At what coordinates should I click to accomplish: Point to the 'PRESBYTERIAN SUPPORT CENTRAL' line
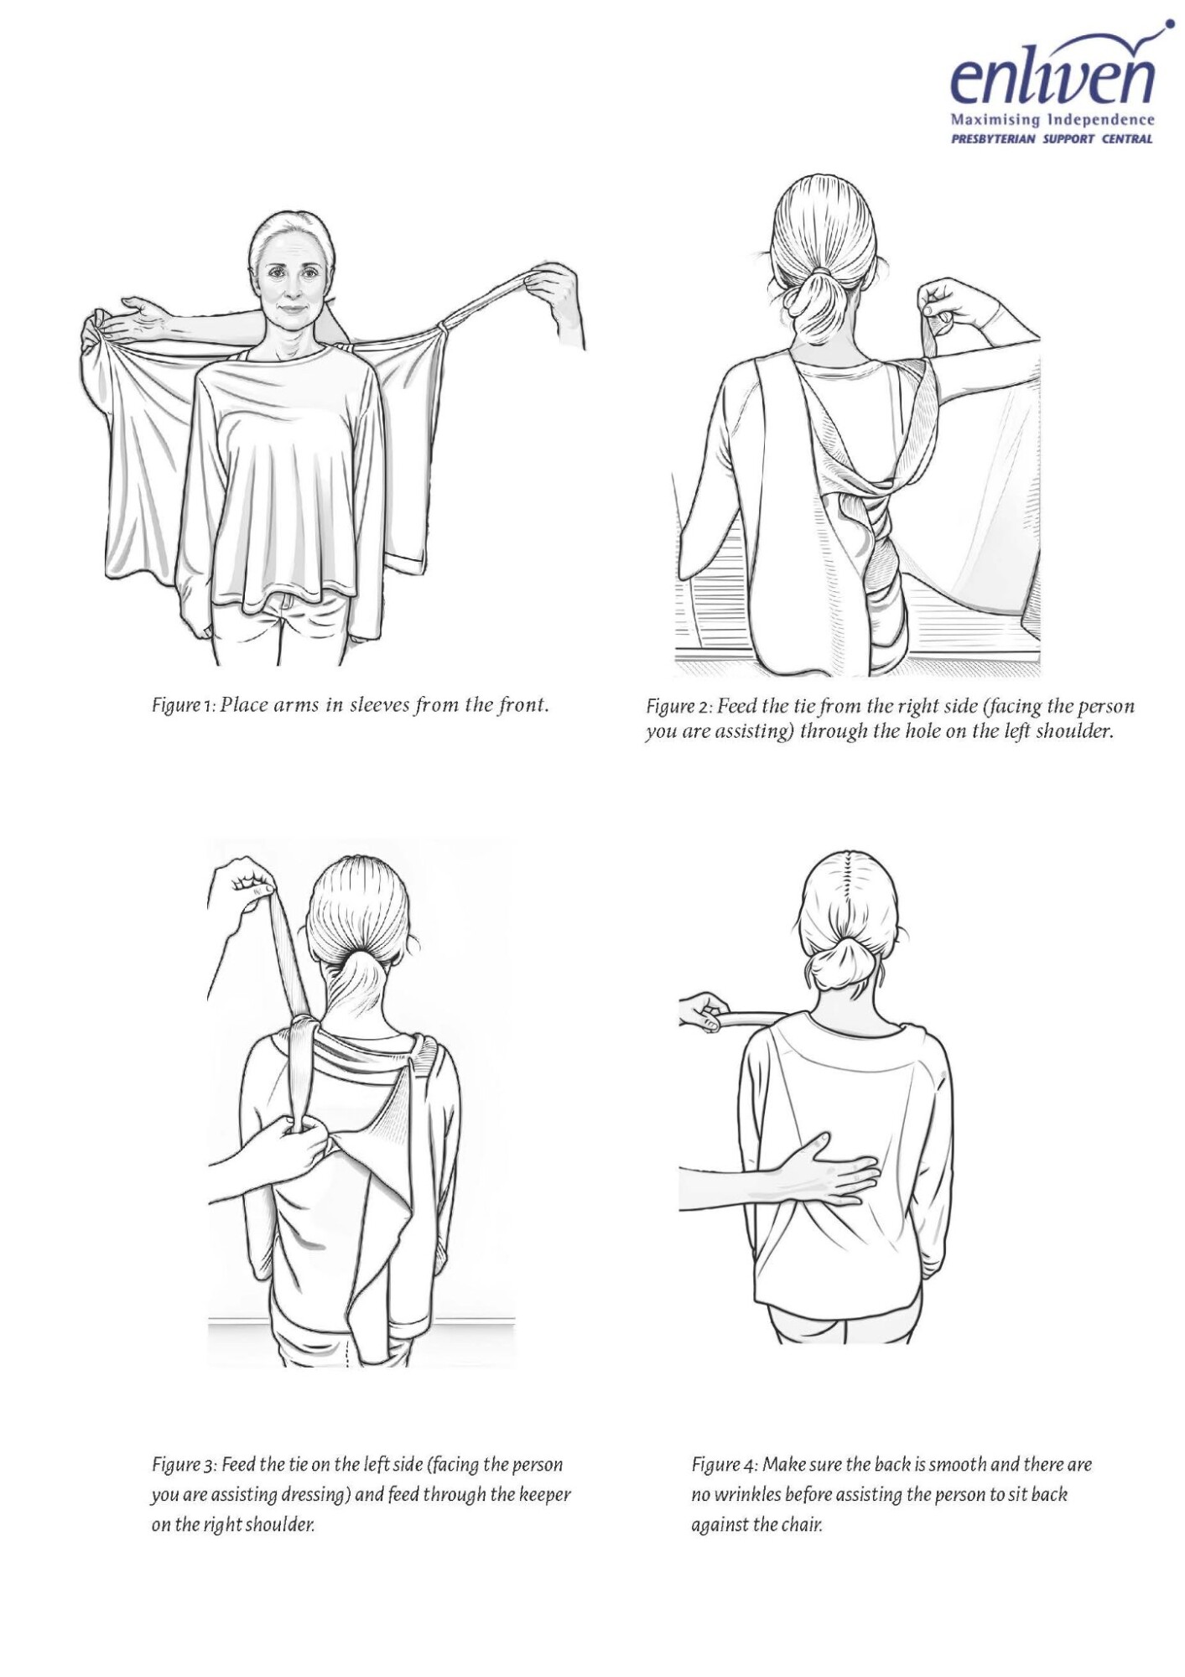tap(1052, 139)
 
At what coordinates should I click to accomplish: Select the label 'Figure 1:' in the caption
tap(184, 705)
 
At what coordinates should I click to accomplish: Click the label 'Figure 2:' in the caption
tap(678, 706)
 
